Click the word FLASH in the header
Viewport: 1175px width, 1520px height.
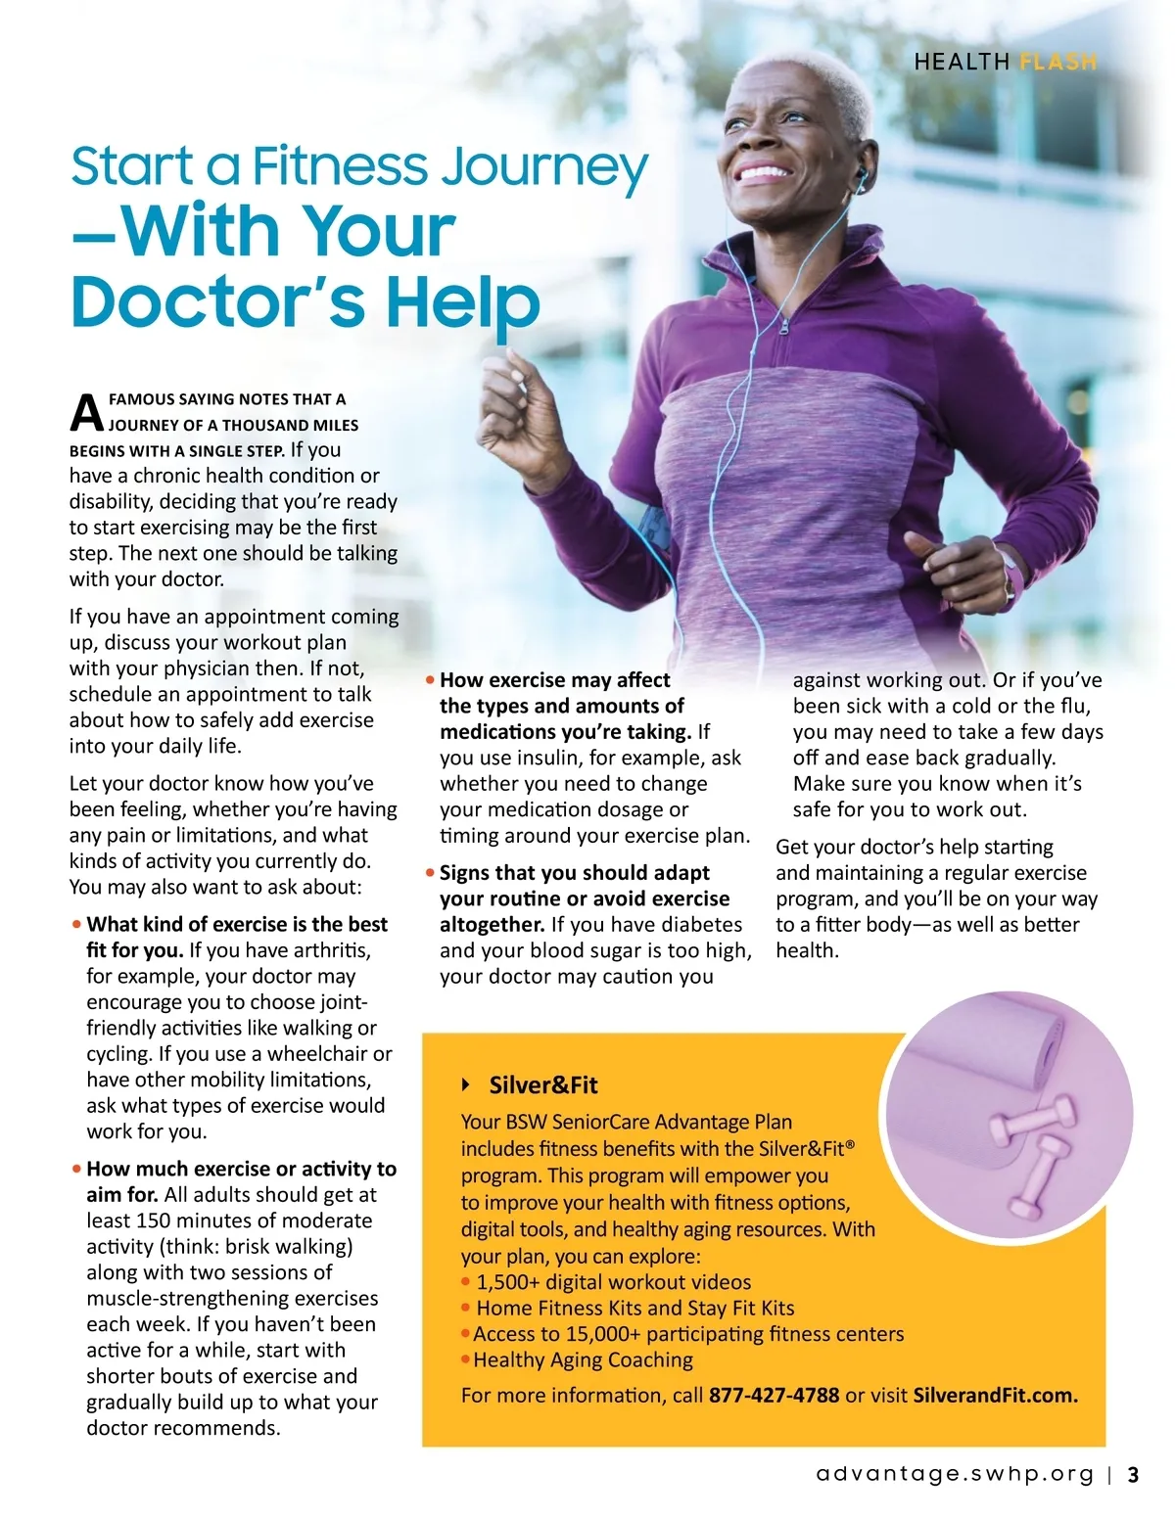(x=1057, y=62)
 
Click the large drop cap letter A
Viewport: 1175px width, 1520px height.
(x=86, y=413)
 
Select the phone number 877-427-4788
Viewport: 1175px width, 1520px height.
(x=774, y=1395)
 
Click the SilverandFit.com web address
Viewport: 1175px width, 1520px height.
(x=995, y=1395)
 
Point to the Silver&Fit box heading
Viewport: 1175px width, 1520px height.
(x=542, y=1084)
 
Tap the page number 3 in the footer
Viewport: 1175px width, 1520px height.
(x=1134, y=1475)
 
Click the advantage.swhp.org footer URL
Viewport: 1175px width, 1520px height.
(x=955, y=1475)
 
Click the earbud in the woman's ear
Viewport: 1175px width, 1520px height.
(x=861, y=176)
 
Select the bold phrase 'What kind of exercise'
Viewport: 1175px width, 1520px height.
(x=186, y=924)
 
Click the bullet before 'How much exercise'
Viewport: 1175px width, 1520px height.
(x=76, y=1169)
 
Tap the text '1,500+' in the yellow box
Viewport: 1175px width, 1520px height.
(x=507, y=1282)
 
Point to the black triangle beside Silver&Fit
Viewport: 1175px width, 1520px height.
(x=467, y=1084)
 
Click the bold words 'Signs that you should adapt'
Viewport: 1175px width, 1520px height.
(x=574, y=872)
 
